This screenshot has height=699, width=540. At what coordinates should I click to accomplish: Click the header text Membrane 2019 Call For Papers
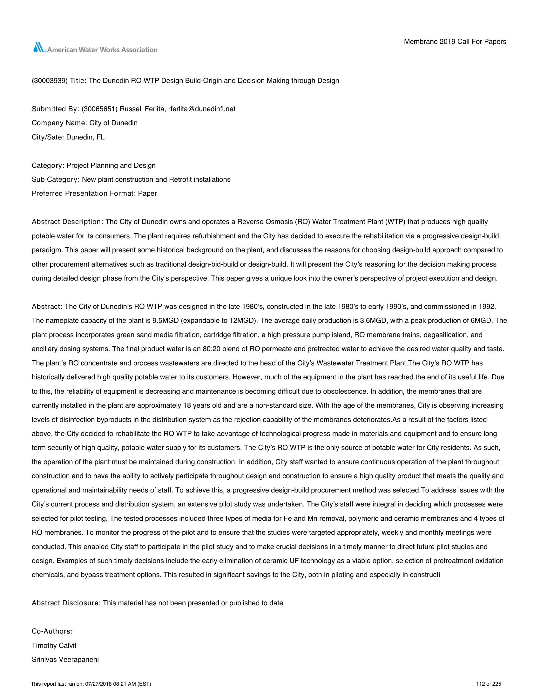455,42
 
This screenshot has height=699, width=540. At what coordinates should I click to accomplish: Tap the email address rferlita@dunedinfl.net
201,109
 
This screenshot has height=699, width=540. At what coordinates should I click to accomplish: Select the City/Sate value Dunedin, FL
85,137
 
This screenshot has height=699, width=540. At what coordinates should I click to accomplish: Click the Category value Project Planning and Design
111,166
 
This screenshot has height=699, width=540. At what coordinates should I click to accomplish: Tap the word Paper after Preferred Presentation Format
147,193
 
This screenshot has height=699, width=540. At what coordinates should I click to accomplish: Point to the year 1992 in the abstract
487,307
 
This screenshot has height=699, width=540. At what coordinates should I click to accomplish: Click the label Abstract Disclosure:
66,603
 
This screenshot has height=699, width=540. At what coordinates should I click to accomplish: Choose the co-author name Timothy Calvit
54,646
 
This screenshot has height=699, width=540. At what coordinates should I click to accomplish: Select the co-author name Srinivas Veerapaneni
65,660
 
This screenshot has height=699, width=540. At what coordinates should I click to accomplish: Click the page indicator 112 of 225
489,684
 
